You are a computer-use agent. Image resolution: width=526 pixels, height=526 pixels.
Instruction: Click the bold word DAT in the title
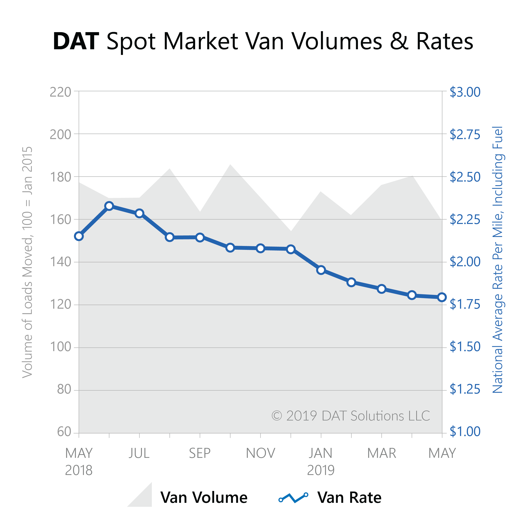[76, 42]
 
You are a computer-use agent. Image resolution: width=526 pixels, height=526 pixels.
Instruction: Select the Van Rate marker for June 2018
[109, 206]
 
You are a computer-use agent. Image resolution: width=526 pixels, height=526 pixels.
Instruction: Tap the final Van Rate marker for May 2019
[442, 297]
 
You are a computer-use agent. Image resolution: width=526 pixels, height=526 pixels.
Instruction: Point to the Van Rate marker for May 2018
[79, 236]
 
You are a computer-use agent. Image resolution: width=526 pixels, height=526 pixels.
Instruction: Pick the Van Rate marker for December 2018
[291, 249]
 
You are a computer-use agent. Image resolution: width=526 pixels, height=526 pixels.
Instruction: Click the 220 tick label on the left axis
[60, 92]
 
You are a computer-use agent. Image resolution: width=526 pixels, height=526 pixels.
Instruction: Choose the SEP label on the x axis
[200, 453]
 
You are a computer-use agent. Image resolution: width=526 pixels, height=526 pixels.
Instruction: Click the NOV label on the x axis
[261, 453]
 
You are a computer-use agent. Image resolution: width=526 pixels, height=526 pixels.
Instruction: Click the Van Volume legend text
[204, 498]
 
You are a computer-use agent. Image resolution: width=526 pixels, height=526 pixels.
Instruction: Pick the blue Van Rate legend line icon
[293, 498]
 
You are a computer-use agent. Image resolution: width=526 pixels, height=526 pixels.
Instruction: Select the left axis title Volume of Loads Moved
[27, 262]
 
